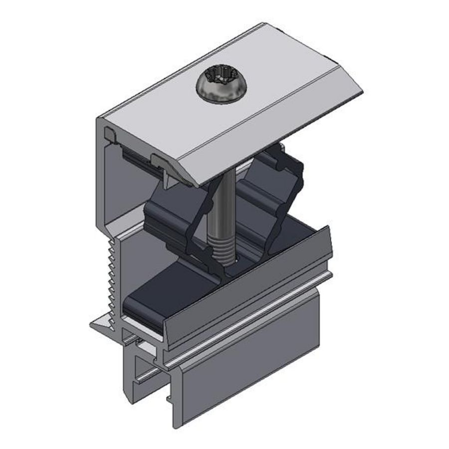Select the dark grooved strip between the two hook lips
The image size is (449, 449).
[x=137, y=155]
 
